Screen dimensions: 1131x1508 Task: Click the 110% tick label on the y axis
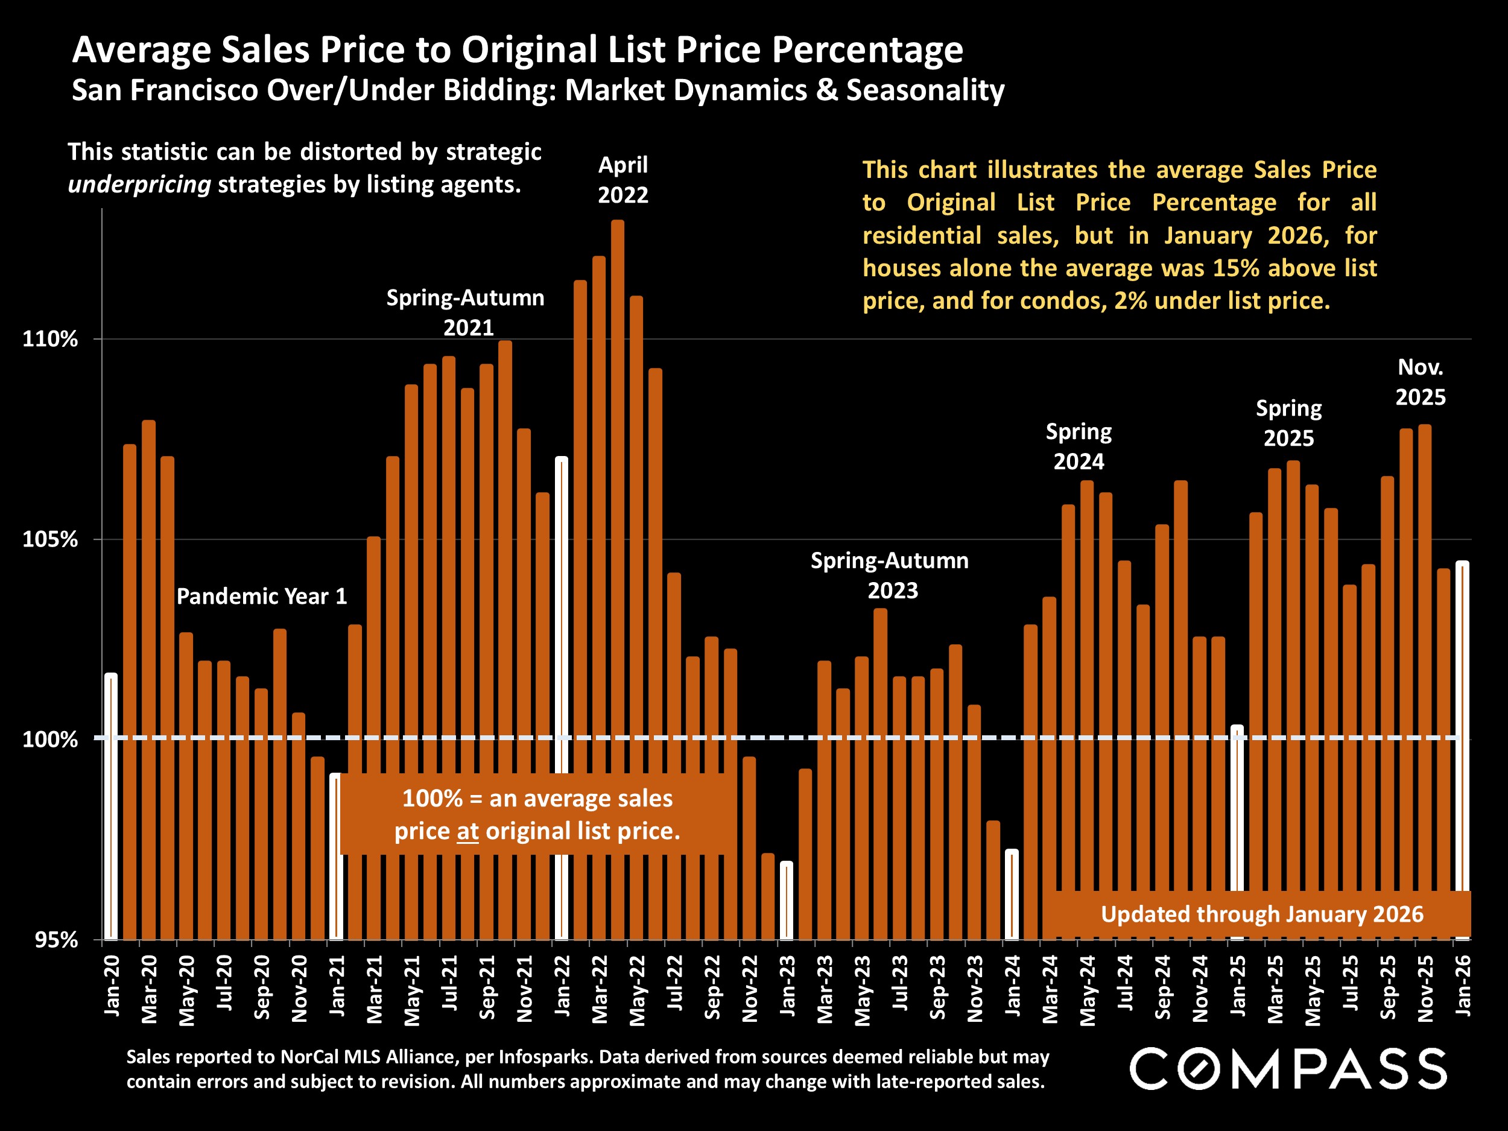[50, 339]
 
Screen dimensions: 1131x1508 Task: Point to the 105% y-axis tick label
[50, 539]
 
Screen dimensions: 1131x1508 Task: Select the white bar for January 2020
[111, 805]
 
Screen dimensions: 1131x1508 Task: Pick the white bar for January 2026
[1462, 723]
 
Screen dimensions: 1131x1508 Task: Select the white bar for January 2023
[787, 900]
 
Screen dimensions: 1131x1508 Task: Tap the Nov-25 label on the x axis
[1425, 989]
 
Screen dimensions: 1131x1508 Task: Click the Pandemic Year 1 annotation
[262, 597]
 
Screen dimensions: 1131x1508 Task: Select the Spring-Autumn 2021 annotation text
[466, 312]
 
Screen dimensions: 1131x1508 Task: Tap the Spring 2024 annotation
[1079, 446]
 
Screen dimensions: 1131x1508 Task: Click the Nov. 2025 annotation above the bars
[1420, 382]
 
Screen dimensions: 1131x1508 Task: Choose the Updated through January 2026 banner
[1262, 914]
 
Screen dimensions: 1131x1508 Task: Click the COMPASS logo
[1288, 1069]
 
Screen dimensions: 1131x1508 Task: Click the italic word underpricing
[139, 185]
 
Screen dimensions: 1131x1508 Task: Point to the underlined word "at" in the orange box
[467, 831]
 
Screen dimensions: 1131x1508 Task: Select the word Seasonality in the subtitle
[925, 90]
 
